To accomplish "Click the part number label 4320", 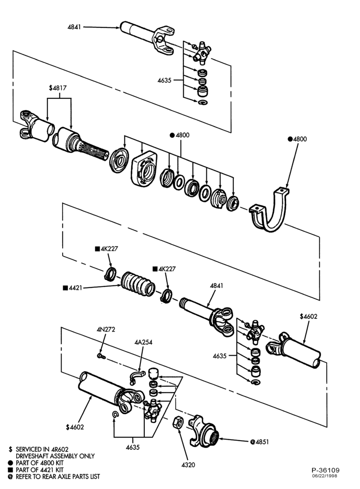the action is pos(188,465).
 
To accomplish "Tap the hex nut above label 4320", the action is pos(178,422).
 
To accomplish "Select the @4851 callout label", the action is pos(259,442).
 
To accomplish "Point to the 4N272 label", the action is pos(106,329).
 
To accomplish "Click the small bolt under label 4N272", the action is pos(101,356).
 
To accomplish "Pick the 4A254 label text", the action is pos(143,342).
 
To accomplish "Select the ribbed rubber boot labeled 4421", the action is pos(138,284).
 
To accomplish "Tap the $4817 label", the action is pos(58,88).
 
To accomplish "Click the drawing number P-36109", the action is pos(325,470).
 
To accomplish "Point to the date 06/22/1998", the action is pos(325,476).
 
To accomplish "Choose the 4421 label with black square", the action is pos(72,288).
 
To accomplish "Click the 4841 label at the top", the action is pos(74,27).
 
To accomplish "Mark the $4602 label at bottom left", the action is pos(75,427).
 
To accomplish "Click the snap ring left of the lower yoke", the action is pos(115,414).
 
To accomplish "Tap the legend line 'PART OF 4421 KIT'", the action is pos(36,469).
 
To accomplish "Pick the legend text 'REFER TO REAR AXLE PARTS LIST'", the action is pos(54,476).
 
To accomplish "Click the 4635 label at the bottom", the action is pos(133,447).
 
